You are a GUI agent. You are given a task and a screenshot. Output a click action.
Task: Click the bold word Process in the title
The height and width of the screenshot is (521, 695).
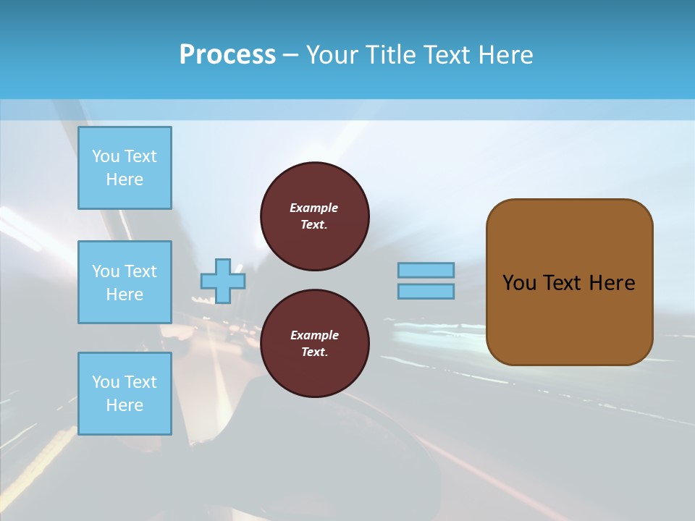tap(227, 55)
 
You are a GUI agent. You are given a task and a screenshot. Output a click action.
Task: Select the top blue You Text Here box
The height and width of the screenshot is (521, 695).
tap(125, 168)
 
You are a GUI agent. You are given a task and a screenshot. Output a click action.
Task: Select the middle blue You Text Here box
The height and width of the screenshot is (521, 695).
tap(125, 282)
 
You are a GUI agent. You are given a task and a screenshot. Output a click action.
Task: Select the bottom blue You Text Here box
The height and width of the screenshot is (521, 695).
tap(125, 394)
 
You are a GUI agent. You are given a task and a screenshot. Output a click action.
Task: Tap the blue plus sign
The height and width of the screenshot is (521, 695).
tap(223, 281)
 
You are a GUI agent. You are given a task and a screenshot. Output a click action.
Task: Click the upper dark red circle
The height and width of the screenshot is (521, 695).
tap(315, 216)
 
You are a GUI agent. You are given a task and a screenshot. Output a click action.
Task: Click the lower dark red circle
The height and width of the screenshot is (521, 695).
tap(315, 344)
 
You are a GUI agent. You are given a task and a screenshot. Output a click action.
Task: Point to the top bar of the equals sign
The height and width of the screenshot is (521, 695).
tap(426, 270)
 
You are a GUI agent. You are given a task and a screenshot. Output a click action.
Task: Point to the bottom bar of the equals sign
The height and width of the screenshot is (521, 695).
tap(426, 291)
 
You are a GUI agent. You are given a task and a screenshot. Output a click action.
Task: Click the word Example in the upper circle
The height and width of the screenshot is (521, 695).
tap(314, 208)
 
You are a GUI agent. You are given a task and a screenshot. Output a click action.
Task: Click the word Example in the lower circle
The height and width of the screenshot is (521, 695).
tap(314, 335)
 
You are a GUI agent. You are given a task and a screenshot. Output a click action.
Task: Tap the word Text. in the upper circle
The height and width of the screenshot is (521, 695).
tap(314, 224)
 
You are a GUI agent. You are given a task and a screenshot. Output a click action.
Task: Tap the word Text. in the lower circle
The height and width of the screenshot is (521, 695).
tap(314, 352)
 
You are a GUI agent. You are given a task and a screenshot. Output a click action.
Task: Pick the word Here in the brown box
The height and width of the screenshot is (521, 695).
tap(612, 283)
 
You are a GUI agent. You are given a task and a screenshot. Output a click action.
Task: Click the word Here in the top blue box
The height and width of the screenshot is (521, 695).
tap(125, 179)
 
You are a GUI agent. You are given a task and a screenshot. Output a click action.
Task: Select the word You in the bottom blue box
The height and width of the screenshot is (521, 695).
tap(106, 382)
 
